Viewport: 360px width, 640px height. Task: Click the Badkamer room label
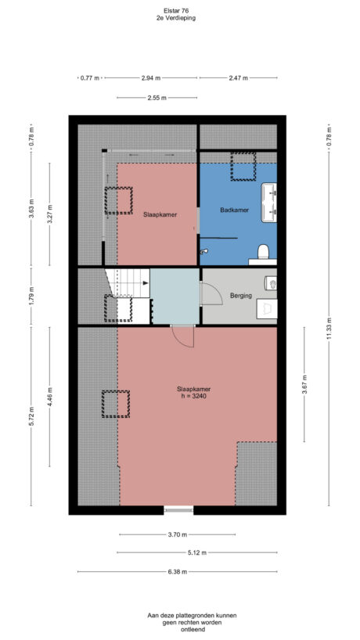235,210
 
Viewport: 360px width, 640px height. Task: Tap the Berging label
241,296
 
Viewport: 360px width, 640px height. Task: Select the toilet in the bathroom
264,252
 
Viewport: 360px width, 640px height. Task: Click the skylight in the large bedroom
115,404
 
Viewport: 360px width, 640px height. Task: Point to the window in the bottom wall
178,510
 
